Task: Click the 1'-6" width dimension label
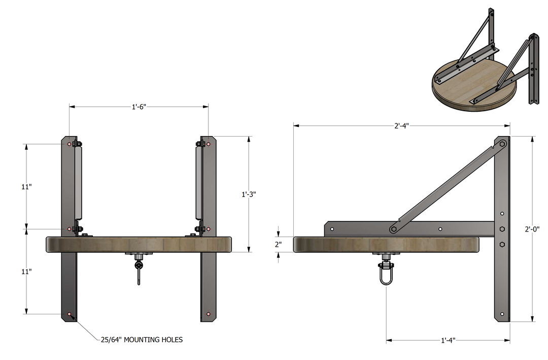(139, 107)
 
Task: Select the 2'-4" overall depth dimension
(400, 125)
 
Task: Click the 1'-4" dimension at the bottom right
(448, 340)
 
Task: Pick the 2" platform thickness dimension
(278, 244)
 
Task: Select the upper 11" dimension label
(27, 186)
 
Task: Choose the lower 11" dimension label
(27, 271)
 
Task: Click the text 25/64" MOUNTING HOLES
(142, 339)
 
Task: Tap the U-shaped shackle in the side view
(386, 276)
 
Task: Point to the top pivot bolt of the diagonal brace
(502, 144)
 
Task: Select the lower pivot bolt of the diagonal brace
(393, 229)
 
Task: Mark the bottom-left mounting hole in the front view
(69, 314)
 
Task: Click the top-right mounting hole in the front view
(209, 144)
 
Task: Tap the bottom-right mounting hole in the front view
(209, 314)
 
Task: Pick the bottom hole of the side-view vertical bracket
(502, 315)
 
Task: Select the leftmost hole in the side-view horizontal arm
(332, 229)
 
